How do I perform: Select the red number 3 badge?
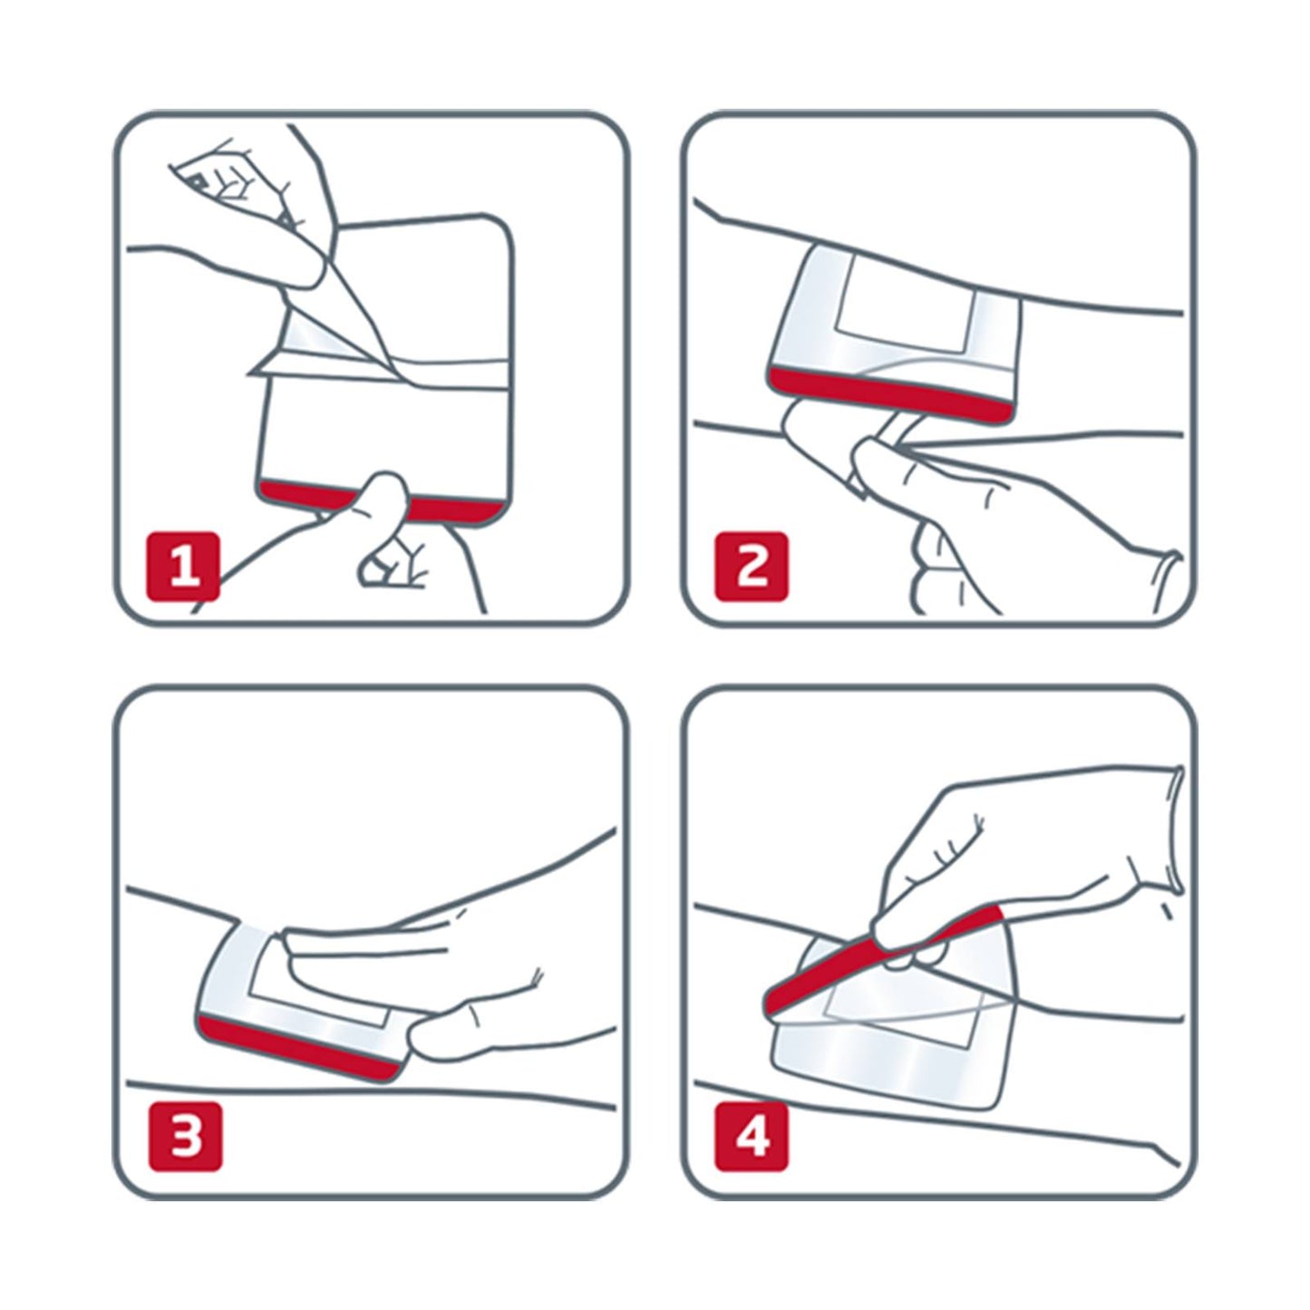coord(184,1134)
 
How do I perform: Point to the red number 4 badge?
coord(752,1134)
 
